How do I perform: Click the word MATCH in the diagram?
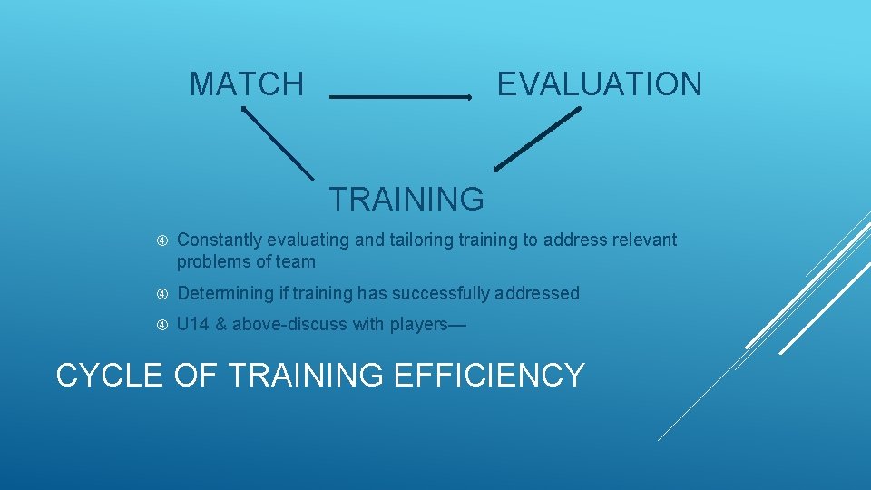246,84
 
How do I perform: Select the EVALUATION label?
599,84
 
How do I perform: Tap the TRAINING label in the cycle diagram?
406,198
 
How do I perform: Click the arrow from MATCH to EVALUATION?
400,96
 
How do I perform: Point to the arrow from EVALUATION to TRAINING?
537,138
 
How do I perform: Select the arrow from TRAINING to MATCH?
277,142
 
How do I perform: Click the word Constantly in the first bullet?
219,240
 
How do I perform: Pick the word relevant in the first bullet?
646,240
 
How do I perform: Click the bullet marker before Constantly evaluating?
161,240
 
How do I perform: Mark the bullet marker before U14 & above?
161,325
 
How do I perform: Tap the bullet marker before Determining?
161,294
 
